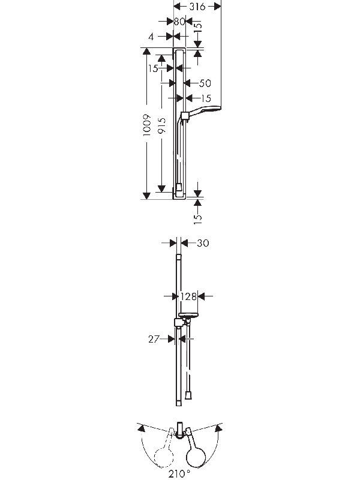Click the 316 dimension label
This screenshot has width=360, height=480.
tap(197, 7)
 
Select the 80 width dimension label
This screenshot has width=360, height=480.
tap(179, 22)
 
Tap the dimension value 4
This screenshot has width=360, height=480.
tap(151, 37)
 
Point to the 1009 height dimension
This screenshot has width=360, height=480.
tap(147, 125)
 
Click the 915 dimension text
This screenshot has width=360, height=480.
tap(161, 125)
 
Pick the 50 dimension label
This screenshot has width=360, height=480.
tap(205, 83)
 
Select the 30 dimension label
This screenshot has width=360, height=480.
tap(203, 243)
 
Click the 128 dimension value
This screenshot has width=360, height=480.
tap(188, 296)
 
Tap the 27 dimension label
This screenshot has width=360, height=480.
tap(154, 339)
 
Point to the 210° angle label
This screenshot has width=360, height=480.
tap(179, 474)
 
